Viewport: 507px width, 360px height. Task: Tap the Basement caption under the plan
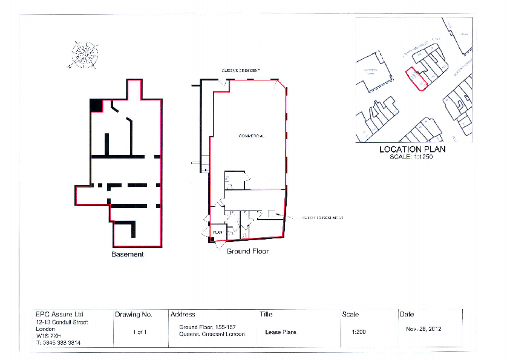(128, 254)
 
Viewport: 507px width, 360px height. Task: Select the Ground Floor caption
(247, 251)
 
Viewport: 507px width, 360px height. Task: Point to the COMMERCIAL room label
(251, 136)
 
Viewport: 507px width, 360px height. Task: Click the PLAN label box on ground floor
(217, 232)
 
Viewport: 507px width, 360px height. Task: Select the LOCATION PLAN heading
(412, 149)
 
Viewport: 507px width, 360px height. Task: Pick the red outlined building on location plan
(416, 79)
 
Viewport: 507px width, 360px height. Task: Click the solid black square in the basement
(96, 105)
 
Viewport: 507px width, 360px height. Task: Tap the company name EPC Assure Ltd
(60, 315)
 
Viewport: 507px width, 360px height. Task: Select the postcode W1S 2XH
(48, 335)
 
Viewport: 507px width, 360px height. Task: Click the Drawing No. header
(133, 315)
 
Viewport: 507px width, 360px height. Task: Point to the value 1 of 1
(140, 332)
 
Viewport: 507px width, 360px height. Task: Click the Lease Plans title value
(281, 332)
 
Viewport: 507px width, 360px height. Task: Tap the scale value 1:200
(358, 332)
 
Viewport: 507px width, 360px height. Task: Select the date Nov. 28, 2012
(424, 329)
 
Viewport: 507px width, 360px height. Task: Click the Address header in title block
(183, 315)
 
